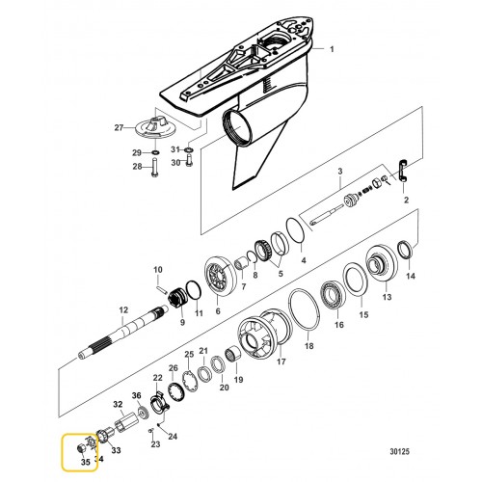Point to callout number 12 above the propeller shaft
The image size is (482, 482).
tap(123, 309)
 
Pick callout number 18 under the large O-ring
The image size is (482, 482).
tap(308, 345)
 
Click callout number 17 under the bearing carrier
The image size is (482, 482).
tap(281, 362)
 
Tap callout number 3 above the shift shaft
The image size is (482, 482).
tap(339, 172)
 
